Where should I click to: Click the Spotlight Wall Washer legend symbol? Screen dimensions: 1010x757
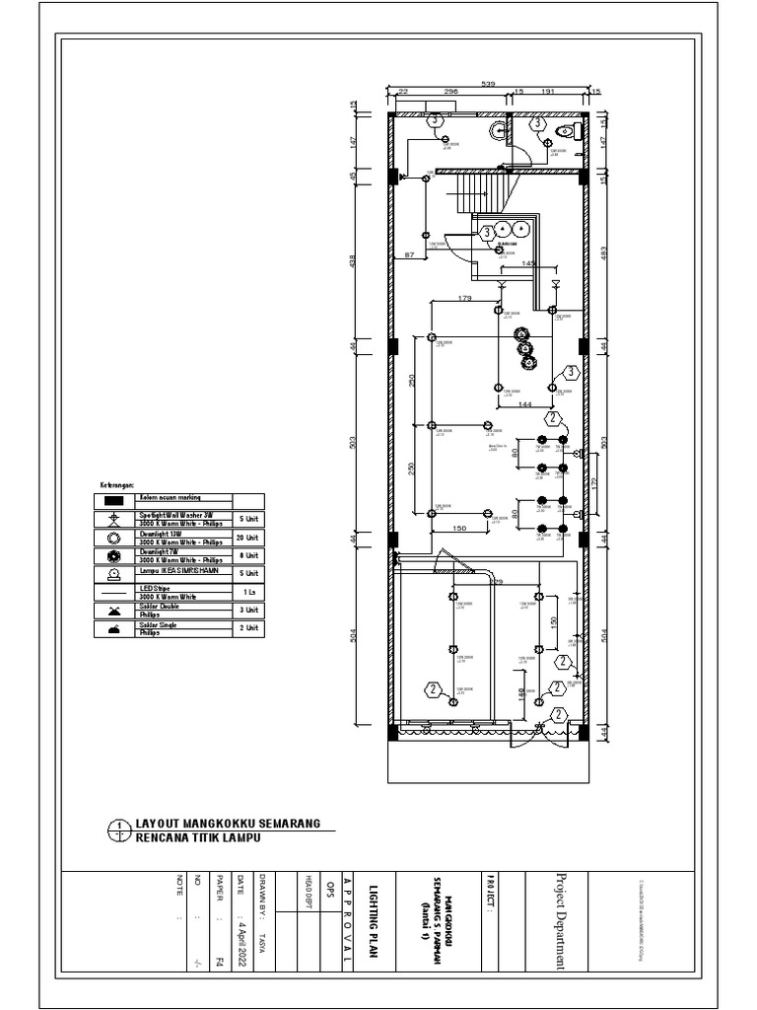pos(114,519)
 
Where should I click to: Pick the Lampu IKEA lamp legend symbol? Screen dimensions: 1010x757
pos(114,573)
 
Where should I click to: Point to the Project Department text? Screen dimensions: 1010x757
pos(562,921)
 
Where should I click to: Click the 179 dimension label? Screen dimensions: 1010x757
pos(465,299)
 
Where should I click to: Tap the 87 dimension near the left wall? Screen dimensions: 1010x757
pos(410,255)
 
